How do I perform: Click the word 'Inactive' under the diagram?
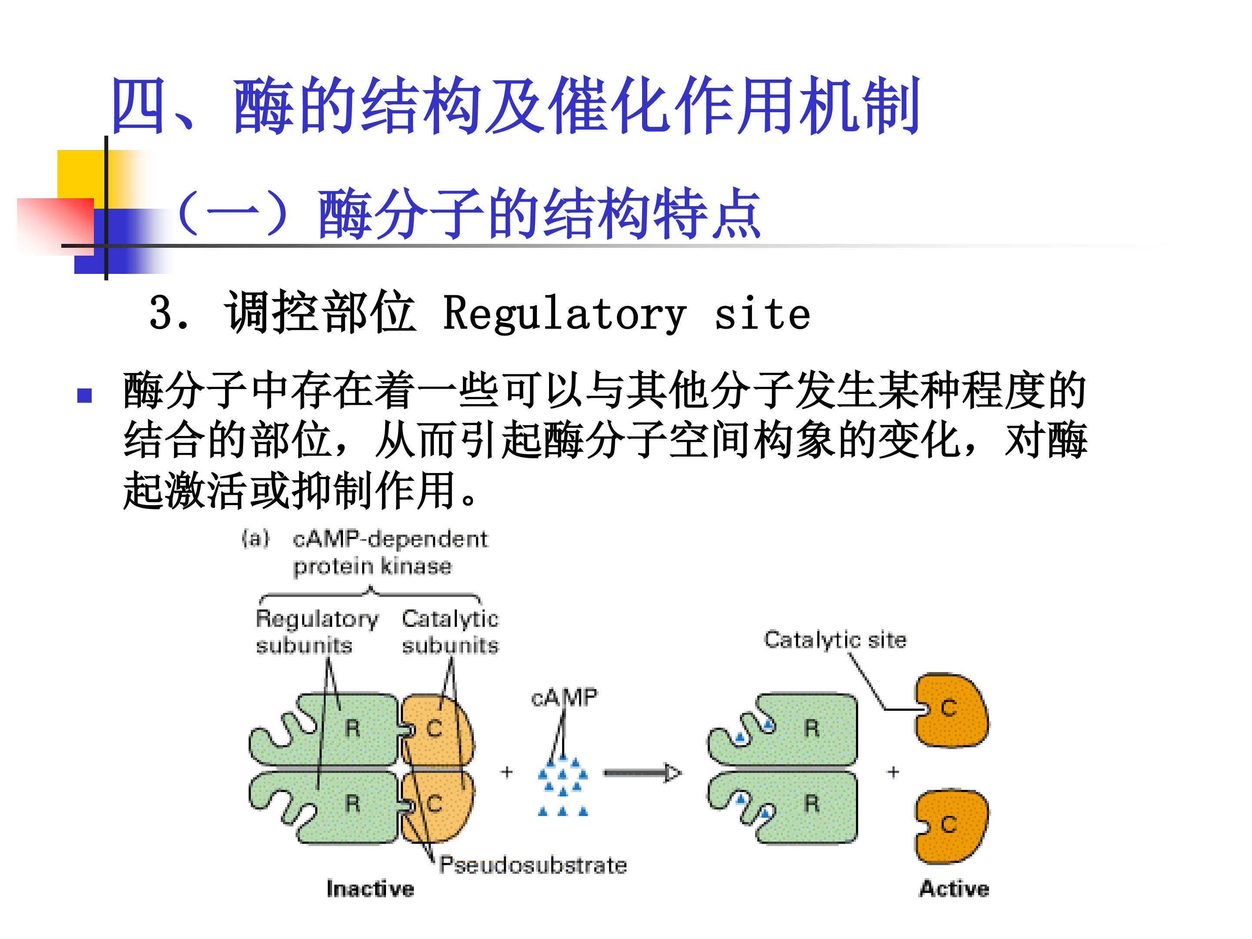tap(370, 889)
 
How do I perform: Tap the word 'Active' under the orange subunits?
tap(954, 889)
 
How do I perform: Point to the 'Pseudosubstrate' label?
tap(533, 865)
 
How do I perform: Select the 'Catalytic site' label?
tap(835, 639)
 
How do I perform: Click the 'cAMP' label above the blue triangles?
tap(564, 697)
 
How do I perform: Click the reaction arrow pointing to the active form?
tap(643, 773)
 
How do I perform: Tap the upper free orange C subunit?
tap(952, 710)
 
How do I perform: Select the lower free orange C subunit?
tap(952, 826)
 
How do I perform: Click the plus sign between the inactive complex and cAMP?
tap(506, 772)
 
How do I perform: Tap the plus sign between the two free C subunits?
tap(893, 772)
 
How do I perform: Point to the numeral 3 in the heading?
tap(161, 313)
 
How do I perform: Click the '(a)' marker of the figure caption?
tap(255, 538)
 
